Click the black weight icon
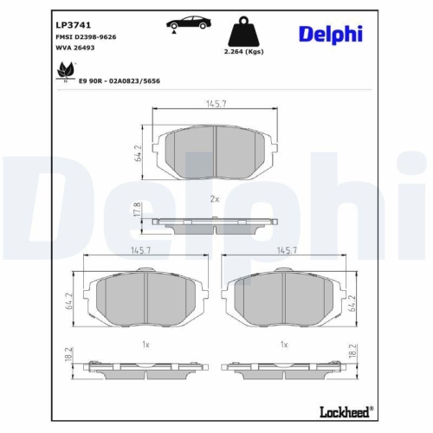point(244,33)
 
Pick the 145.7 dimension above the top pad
point(215,104)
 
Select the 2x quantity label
point(214,199)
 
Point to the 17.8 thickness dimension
point(137,210)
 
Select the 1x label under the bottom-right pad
point(284,345)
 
